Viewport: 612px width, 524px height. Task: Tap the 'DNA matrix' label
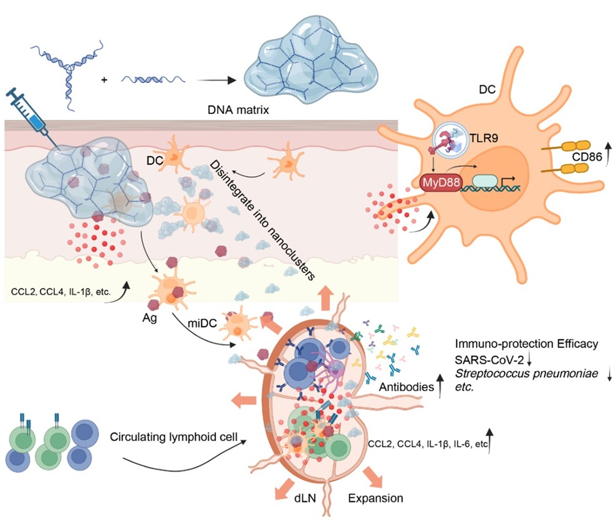(x=238, y=110)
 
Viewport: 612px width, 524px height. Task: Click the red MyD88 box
(x=441, y=182)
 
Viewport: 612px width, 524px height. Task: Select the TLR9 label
(x=483, y=138)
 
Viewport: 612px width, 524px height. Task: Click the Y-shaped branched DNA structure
(x=70, y=74)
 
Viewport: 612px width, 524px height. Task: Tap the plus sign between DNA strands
(x=104, y=80)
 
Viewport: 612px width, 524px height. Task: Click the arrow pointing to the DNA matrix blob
(x=216, y=80)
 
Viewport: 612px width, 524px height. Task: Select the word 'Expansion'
(x=376, y=498)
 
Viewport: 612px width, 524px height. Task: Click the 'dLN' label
(x=305, y=498)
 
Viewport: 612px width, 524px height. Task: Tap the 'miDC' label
(x=202, y=323)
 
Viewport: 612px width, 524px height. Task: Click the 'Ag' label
(x=149, y=318)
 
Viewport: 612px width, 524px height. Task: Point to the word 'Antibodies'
(x=406, y=387)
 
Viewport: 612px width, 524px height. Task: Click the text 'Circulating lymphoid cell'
(x=173, y=437)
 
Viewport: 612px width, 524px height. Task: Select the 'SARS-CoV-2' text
(x=489, y=360)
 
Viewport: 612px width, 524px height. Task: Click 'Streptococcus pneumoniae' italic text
(x=526, y=374)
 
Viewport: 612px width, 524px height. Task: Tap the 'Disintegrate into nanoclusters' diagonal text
(x=263, y=220)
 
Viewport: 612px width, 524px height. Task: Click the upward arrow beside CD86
(x=608, y=155)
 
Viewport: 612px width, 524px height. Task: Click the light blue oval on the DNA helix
(x=485, y=181)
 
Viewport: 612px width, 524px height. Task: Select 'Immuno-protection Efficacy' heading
(x=526, y=344)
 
